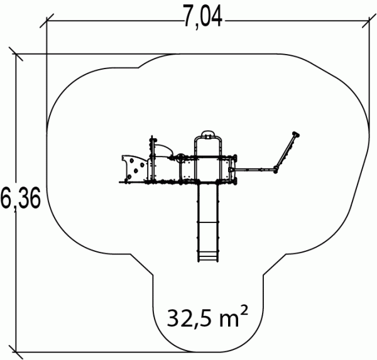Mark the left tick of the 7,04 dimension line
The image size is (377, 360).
pos(46,21)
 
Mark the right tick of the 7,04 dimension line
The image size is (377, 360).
pos(369,21)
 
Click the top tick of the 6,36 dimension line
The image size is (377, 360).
pos(16,54)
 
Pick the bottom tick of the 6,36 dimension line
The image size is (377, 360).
pos(16,352)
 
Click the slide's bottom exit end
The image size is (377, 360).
pos(208,258)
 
